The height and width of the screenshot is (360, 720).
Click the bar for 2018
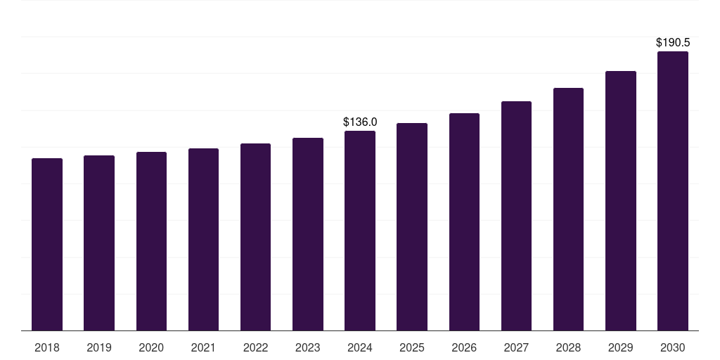47,244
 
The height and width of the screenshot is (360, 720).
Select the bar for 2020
151,241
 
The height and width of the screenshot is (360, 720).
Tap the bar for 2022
255,237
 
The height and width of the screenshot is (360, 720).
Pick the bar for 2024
360,231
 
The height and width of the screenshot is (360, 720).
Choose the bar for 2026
464,221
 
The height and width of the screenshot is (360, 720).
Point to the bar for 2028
568,209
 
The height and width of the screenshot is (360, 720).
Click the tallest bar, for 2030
673,191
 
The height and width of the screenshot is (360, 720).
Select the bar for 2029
621,200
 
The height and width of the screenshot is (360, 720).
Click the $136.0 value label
360,122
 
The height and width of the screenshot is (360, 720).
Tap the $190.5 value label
673,43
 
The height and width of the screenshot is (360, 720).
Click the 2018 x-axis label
47,347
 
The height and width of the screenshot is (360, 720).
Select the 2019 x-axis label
99,347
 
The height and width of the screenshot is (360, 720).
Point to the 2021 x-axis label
203,347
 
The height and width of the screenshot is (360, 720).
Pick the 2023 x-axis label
308,347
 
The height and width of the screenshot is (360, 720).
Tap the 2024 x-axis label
360,347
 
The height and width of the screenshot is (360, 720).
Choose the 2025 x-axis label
412,347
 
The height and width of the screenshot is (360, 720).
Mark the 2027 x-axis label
516,347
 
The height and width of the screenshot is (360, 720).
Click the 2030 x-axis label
673,347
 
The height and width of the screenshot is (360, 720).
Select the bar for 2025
412,226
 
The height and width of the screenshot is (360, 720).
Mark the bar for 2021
203,239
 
